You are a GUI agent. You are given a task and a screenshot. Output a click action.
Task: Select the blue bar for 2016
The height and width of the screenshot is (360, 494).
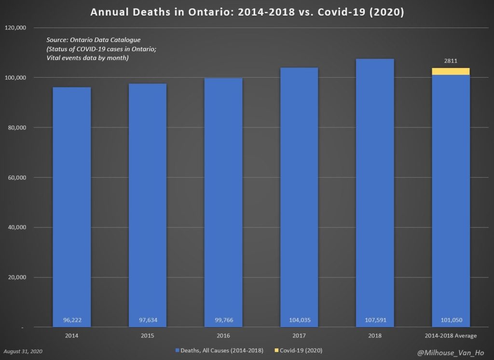tap(223, 203)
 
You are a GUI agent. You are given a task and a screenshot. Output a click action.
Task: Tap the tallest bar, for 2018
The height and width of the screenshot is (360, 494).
tap(375, 193)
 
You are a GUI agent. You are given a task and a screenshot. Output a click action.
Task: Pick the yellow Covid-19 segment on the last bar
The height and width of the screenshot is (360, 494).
tap(451, 71)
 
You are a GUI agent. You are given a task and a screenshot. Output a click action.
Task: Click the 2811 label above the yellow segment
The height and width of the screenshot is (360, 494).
tap(451, 61)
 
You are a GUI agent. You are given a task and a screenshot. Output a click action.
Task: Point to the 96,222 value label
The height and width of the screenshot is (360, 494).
tap(72, 320)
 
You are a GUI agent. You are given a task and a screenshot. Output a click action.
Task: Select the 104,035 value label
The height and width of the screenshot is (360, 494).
tap(300, 320)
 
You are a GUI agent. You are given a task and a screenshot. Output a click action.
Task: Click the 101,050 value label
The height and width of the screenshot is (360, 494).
tap(451, 320)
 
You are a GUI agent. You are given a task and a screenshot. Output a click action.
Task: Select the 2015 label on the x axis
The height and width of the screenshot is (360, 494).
tap(148, 335)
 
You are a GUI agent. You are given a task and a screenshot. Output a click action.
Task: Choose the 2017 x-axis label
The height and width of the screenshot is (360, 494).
tap(300, 335)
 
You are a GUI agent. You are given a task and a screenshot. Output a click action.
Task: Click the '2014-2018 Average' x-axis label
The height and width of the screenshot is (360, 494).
tap(451, 335)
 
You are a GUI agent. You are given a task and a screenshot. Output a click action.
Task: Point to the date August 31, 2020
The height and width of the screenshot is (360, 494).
tap(23, 352)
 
